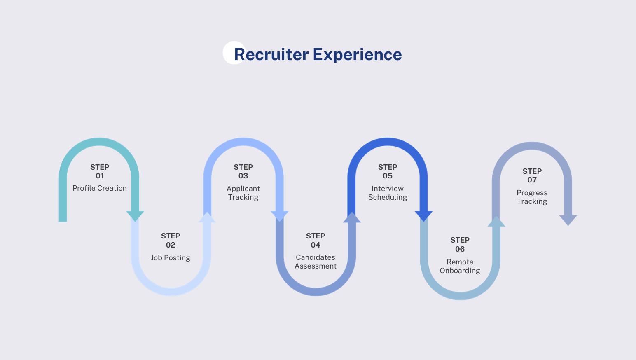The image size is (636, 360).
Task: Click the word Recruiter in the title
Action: click(271, 54)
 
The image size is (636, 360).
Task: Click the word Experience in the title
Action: click(357, 54)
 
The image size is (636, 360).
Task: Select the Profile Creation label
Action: click(100, 188)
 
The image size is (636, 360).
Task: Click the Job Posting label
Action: click(171, 258)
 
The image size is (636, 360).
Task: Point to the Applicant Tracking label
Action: click(243, 193)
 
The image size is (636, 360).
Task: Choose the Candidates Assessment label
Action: click(316, 262)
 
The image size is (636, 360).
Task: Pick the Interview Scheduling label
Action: click(388, 193)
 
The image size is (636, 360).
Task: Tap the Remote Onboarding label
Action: click(460, 266)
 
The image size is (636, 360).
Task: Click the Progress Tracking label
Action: click(532, 197)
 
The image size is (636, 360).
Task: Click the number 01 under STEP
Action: click(100, 176)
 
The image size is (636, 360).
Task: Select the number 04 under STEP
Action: click(316, 245)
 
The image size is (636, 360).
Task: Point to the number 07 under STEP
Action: click(532, 180)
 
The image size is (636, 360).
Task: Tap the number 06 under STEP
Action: click(460, 249)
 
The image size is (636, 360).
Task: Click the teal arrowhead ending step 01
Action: click(135, 215)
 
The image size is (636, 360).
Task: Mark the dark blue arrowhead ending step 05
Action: click(423, 215)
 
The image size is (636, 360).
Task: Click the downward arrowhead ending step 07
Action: click(568, 220)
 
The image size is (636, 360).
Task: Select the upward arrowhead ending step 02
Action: click(207, 217)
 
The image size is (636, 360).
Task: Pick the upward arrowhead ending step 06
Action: click(496, 222)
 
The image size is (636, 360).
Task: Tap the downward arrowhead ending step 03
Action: click(280, 215)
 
